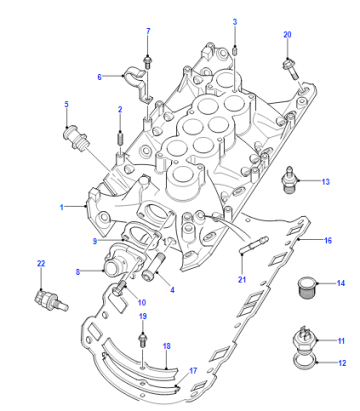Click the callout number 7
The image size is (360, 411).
148,31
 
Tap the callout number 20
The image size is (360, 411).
287,34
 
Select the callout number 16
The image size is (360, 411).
328,240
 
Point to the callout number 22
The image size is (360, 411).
41,263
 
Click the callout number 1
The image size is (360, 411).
61,207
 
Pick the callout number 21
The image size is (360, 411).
242,279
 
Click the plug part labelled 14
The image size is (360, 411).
307,287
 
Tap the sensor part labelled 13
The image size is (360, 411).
288,180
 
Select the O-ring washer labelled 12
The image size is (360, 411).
305,363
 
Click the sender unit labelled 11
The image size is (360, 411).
304,338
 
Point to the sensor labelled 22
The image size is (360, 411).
51,300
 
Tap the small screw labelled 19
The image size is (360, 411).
143,340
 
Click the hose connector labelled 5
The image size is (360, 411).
76,138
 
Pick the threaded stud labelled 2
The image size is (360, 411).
120,138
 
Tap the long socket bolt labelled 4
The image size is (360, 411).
154,267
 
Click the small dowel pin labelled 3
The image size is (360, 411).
235,51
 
